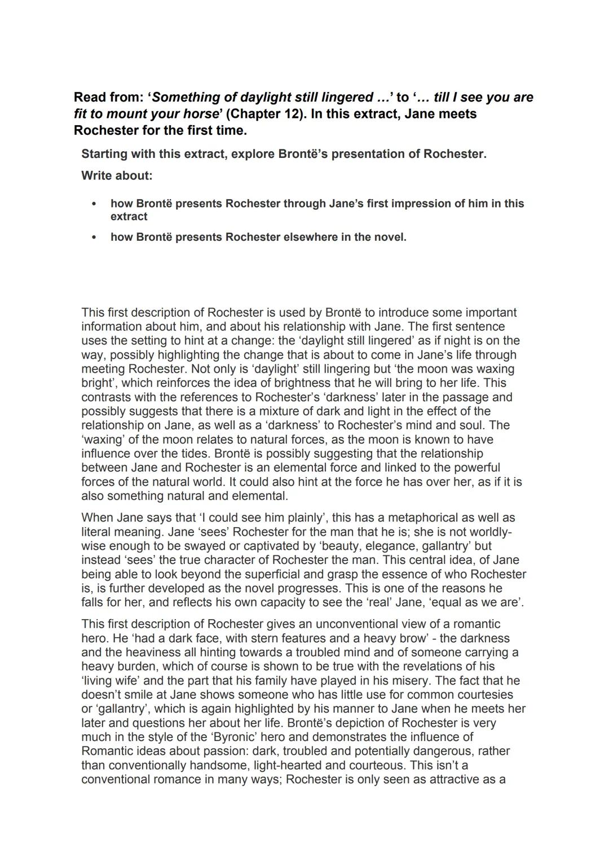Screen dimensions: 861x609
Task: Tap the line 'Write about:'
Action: [x=117, y=175]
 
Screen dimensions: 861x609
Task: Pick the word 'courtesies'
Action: [x=484, y=695]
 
